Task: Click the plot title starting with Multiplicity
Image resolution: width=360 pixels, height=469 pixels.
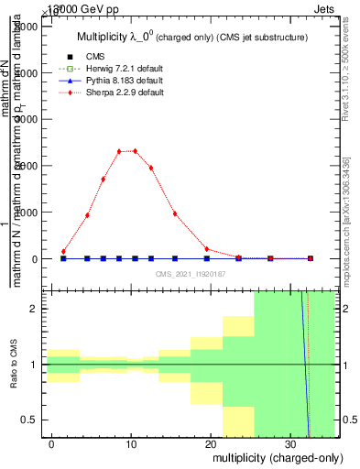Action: point(191,38)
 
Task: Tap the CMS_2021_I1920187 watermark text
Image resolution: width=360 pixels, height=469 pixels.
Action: point(190,274)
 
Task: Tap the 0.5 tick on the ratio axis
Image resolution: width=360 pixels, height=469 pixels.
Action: point(30,420)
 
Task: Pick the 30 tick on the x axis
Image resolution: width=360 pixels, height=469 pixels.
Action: point(289,442)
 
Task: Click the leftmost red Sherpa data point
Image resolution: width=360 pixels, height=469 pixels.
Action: point(63,251)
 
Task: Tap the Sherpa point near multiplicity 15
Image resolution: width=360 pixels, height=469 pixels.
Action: point(175,214)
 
